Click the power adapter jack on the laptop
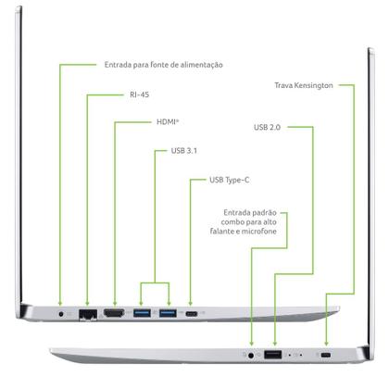coord(61,314)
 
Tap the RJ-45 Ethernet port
coord(88,314)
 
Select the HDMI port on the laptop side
coord(114,313)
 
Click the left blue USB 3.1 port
coord(142,313)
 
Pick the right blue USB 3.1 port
coord(168,313)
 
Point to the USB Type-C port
coord(192,314)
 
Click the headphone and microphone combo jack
coord(251,356)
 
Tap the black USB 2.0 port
coord(273,355)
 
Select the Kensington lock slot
coord(325,355)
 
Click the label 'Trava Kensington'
coord(304,85)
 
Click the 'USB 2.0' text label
coord(267,127)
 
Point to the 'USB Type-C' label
coord(230,180)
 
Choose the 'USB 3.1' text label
coord(184,151)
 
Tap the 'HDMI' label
coord(168,122)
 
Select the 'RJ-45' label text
coord(140,94)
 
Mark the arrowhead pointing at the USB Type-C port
coord(191,304)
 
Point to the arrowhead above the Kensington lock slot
coord(326,344)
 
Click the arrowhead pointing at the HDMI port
coord(115,304)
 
